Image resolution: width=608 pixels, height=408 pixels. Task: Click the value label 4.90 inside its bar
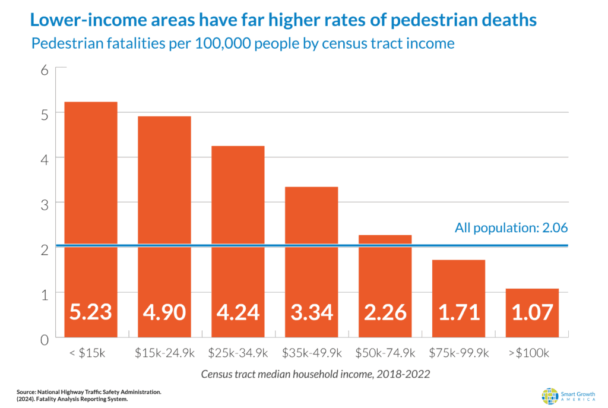[164, 312]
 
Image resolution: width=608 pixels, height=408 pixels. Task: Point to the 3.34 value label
[311, 312]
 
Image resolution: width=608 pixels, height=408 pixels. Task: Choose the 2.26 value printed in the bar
[385, 312]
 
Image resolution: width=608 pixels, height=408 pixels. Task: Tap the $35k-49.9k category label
[311, 353]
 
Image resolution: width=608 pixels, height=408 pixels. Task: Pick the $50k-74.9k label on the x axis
[385, 353]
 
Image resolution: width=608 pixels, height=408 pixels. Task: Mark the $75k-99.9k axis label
[458, 353]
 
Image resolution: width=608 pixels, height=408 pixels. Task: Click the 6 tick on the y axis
[43, 70]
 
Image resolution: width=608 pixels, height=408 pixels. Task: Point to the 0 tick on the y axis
[43, 340]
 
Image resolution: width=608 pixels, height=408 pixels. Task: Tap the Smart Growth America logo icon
[550, 396]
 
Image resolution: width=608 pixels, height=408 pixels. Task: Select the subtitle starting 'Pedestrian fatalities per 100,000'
[243, 43]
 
